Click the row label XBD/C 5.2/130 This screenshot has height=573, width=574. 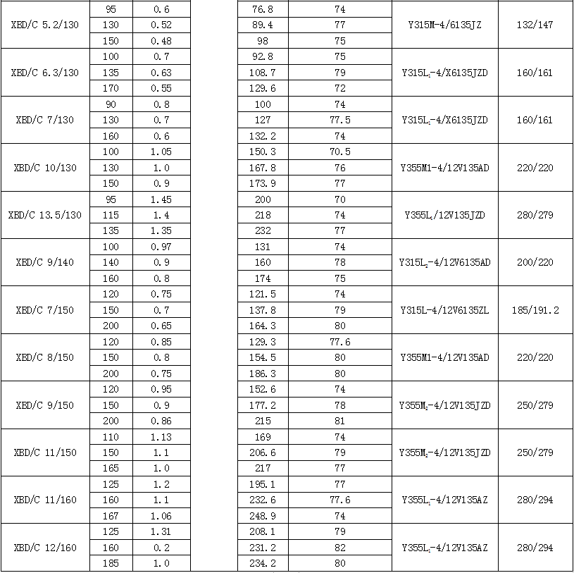coord(45,25)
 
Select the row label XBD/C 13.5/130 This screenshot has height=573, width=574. coord(45,215)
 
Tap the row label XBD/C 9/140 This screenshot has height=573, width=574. coord(45,262)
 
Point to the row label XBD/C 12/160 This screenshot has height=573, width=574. coord(45,548)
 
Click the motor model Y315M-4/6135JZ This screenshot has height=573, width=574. coord(445,25)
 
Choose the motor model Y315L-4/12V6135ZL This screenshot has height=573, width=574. coord(445,310)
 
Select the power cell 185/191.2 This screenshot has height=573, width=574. coord(535,310)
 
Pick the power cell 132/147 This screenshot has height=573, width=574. coord(535,25)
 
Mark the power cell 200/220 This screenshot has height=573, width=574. coord(535,262)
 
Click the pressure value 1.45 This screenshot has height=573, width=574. coord(161,199)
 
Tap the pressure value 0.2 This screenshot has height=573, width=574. coord(161,548)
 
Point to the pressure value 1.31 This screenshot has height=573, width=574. coord(161,532)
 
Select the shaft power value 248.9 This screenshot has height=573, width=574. coord(263,516)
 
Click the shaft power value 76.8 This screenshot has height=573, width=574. coord(263,9)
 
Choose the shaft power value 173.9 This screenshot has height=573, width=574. coord(263,183)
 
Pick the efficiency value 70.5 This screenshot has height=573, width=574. coord(340,152)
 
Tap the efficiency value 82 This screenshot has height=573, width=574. coord(340,548)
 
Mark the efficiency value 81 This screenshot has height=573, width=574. coord(340,421)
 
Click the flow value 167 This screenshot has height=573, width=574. coord(111,516)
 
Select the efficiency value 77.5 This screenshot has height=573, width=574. coord(340,120)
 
